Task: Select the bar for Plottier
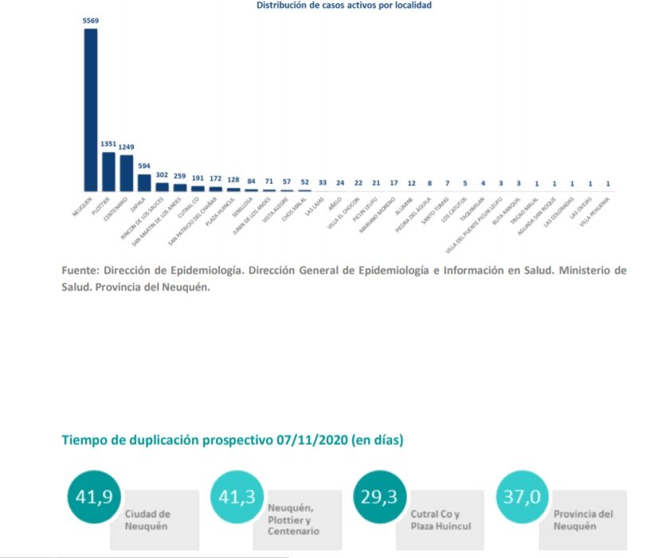tap(108, 171)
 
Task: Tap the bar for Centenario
tap(126, 173)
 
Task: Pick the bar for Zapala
tap(144, 182)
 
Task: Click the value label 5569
tap(91, 21)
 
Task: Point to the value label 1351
tap(108, 144)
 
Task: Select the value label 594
tap(144, 166)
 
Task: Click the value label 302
tap(162, 175)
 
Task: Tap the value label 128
tap(233, 180)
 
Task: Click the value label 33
tap(323, 182)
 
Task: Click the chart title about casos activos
tap(344, 5)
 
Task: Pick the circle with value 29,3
tap(380, 498)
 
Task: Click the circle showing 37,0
tap(522, 498)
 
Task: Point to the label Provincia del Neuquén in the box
tap(583, 520)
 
